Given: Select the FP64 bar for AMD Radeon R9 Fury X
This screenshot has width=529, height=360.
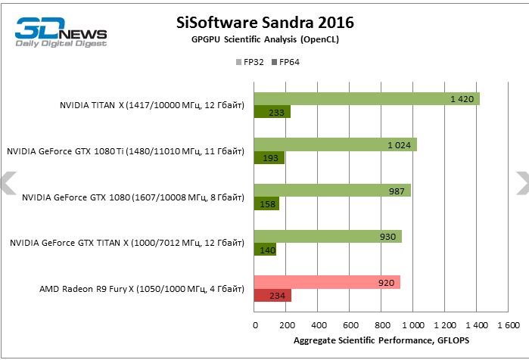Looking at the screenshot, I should tap(272, 295).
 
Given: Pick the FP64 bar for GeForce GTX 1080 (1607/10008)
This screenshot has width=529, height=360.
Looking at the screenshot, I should tap(266, 203).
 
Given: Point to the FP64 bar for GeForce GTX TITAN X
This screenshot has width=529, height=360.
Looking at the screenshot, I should tap(265, 249).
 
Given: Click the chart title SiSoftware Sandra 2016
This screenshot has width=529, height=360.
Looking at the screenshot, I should tap(264, 23).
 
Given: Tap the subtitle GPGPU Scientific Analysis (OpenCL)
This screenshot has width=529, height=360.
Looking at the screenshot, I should tap(264, 40).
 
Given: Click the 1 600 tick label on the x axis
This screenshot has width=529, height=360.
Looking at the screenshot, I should tap(507, 324).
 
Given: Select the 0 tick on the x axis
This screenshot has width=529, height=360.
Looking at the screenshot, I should tap(255, 324).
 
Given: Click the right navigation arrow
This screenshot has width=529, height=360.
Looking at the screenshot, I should tap(521, 182).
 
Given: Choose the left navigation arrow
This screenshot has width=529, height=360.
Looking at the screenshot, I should tap(8, 182).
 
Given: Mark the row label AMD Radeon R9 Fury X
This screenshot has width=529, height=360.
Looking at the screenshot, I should tap(142, 288).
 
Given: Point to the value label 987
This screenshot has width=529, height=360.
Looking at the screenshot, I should tap(397, 191).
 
